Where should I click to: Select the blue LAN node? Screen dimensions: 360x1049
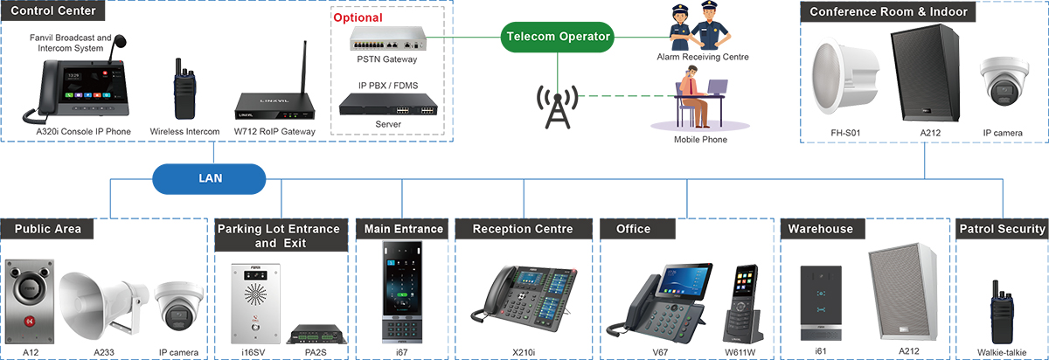coord(209,178)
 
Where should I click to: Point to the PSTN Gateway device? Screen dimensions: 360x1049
coord(387,38)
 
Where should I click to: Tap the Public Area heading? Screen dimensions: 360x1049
coord(47,229)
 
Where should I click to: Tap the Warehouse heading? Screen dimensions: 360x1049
coord(821,229)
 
